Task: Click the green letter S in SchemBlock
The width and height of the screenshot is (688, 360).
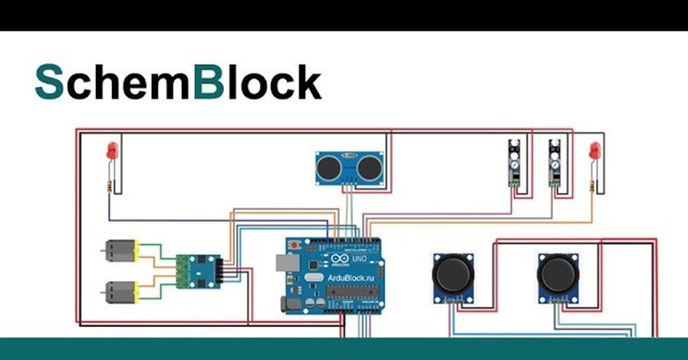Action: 49,83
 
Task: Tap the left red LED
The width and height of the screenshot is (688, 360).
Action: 112,150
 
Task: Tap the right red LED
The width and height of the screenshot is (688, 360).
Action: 595,150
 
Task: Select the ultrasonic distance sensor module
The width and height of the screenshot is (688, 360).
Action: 349,167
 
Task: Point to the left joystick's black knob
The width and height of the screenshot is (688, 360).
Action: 453,274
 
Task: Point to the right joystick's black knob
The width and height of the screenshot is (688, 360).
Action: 559,274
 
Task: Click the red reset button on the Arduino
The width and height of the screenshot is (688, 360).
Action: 295,245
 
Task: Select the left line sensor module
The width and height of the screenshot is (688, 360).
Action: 514,163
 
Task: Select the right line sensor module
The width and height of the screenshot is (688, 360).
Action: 554,163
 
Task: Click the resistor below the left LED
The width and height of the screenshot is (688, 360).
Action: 109,185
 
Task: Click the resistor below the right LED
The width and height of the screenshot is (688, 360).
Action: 592,185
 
